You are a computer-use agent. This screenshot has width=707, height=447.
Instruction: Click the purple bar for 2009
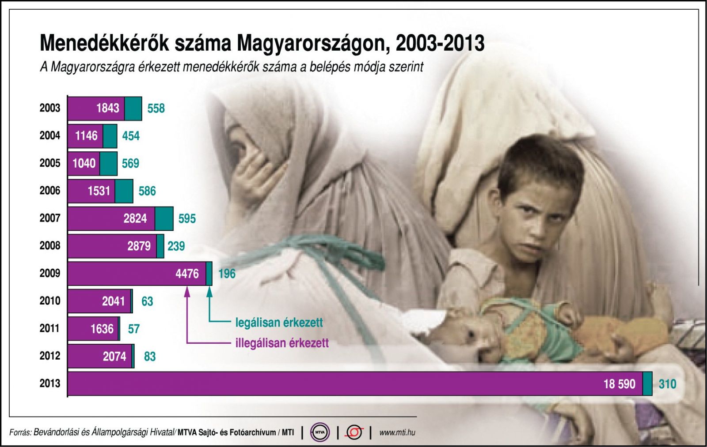pos(137,274)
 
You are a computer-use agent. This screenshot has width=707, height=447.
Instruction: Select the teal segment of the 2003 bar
pos(133,109)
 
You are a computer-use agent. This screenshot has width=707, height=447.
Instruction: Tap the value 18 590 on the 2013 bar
pos(619,384)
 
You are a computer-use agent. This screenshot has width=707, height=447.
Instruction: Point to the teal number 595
pos(187,218)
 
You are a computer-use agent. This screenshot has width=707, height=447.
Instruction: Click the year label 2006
pos(50,191)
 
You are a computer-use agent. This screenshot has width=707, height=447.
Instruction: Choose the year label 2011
pos(50,328)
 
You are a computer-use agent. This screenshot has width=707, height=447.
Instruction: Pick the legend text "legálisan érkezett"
pos(279,323)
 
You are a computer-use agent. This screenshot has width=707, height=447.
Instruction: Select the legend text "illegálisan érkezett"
pos(282,343)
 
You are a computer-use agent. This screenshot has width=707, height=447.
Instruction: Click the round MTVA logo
pos(320,432)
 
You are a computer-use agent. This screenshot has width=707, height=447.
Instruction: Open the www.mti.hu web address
pos(397,432)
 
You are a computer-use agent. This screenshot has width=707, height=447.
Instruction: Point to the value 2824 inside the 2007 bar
pos(135,218)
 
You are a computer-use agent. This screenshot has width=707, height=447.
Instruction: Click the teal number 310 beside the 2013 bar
pos(667,384)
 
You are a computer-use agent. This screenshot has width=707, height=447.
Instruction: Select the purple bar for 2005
pos(84,164)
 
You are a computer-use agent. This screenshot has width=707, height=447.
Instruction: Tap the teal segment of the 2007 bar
pos(164,219)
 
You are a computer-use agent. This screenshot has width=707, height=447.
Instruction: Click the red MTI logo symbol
pos(354,432)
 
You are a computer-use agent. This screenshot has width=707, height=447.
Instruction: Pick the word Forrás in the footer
pos(20,432)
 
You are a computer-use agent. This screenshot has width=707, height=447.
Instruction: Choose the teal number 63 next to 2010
pos(147,301)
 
